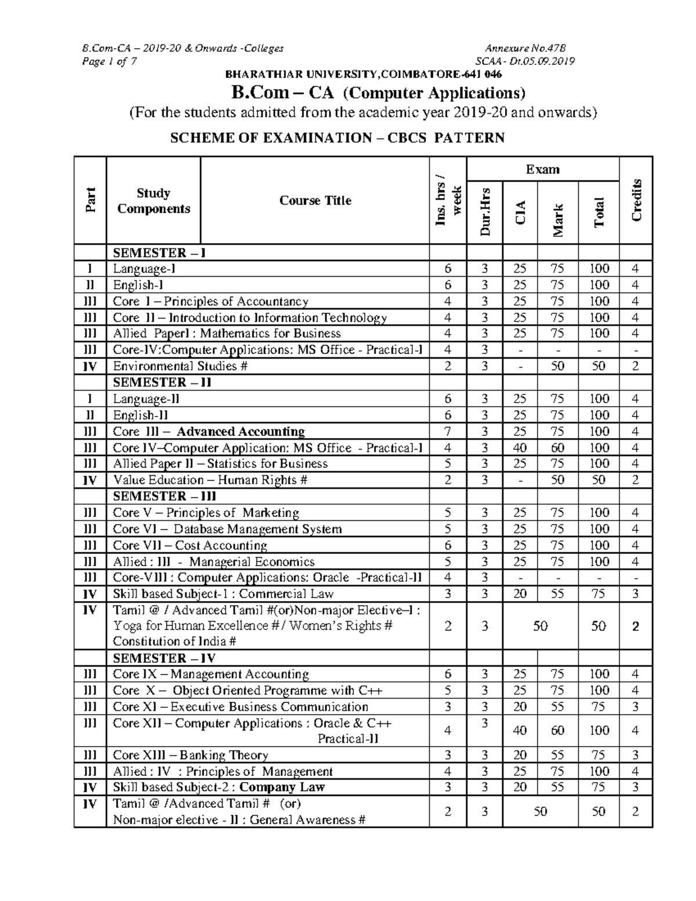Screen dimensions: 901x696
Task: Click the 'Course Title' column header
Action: click(x=315, y=201)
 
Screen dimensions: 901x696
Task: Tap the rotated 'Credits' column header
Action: click(x=636, y=200)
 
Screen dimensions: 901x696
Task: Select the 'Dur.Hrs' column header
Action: click(x=485, y=212)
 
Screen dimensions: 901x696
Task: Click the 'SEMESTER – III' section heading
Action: click(x=164, y=497)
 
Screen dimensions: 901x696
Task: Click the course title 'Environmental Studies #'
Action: click(x=180, y=366)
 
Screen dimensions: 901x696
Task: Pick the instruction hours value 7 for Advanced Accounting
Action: click(x=447, y=432)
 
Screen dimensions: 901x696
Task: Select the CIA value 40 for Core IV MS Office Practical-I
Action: click(x=520, y=448)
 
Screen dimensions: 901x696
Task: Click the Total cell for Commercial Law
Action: click(x=599, y=594)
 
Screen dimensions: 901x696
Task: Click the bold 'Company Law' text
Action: click(x=282, y=787)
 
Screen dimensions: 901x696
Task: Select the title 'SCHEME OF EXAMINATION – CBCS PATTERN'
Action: click(x=336, y=138)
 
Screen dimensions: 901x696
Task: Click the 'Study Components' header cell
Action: click(x=153, y=201)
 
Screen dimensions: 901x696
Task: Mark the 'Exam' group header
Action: click(x=542, y=169)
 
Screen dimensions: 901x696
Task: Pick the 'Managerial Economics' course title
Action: click(x=252, y=562)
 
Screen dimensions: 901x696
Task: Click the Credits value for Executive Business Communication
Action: click(x=636, y=707)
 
